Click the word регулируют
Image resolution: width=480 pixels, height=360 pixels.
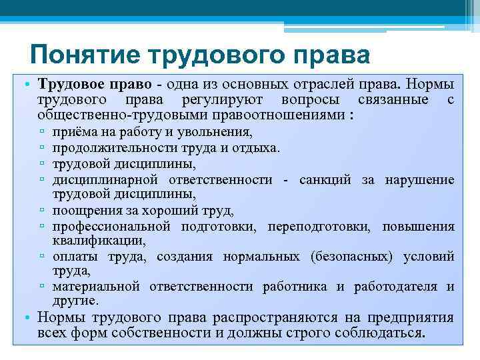coord(221,100)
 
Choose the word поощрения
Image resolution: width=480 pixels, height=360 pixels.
coord(91,211)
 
